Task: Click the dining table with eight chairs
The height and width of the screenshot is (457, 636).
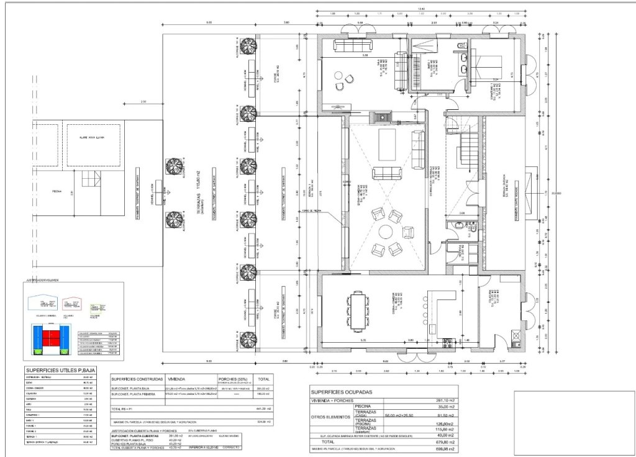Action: coord(358,311)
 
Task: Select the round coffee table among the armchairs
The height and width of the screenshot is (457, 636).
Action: coord(386,233)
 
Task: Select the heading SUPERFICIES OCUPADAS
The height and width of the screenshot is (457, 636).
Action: coord(342,392)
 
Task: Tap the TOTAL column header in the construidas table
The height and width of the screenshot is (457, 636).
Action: coord(264,378)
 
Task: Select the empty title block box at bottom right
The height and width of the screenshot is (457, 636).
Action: coord(568,419)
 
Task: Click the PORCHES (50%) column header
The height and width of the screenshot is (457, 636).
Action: coord(231,378)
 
